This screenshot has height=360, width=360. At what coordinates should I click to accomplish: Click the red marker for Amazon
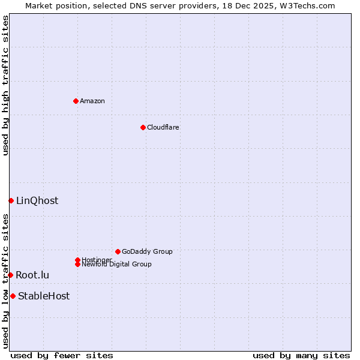pyautogui.click(x=76, y=101)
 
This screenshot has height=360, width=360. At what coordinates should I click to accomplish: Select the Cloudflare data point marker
pyautogui.click(x=143, y=127)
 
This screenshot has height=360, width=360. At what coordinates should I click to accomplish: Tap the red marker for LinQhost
pyautogui.click(x=11, y=200)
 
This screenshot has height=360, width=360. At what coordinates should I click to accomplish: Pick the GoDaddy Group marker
pyautogui.click(x=118, y=251)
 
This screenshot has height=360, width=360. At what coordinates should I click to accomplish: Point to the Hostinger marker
pyautogui.click(x=77, y=260)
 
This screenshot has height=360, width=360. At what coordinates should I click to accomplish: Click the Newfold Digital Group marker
pyautogui.click(x=77, y=264)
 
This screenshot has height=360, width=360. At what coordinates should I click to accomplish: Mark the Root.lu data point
pyautogui.click(x=10, y=275)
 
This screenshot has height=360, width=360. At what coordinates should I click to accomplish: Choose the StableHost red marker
pyautogui.click(x=13, y=296)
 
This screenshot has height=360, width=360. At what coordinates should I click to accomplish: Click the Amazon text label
pyautogui.click(x=92, y=101)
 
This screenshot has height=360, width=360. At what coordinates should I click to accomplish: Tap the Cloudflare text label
pyautogui.click(x=163, y=127)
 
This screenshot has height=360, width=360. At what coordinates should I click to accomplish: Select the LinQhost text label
pyautogui.click(x=37, y=201)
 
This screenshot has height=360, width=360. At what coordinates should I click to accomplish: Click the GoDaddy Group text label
pyautogui.click(x=147, y=251)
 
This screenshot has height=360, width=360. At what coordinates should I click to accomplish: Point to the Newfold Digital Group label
pyautogui.click(x=116, y=264)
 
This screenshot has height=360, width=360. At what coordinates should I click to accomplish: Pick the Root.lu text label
pyautogui.click(x=32, y=275)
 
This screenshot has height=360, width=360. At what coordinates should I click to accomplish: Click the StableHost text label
pyautogui.click(x=44, y=296)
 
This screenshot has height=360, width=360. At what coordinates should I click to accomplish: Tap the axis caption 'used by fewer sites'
pyautogui.click(x=62, y=355)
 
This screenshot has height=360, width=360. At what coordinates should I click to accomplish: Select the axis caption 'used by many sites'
pyautogui.click(x=301, y=355)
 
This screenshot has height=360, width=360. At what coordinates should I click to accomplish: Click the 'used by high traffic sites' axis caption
pyautogui.click(x=6, y=85)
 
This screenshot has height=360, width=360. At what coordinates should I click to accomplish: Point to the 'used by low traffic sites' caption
pyautogui.click(x=6, y=281)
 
